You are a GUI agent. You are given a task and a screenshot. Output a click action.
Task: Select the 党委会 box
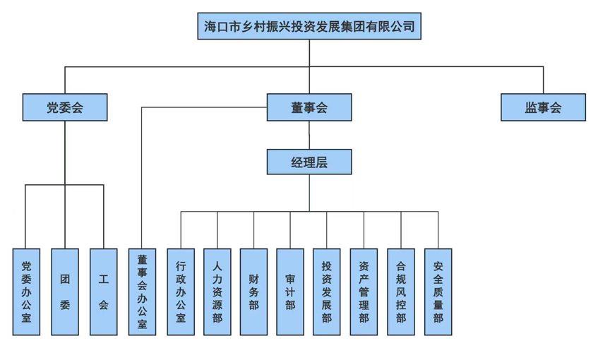[65, 107]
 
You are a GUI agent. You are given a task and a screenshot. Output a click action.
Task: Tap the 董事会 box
[309, 107]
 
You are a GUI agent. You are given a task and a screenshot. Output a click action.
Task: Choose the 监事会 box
[543, 107]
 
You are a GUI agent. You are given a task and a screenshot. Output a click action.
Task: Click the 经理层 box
[309, 162]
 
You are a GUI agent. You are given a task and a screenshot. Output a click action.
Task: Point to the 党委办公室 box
[27, 292]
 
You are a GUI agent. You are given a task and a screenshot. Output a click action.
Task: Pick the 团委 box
[65, 292]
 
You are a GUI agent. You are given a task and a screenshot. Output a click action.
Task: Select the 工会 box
[103, 292]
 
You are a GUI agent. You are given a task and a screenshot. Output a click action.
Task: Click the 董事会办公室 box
[142, 292]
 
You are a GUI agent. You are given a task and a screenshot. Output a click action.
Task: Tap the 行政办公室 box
[181, 292]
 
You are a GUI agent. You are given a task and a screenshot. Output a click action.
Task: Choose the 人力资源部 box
[217, 292]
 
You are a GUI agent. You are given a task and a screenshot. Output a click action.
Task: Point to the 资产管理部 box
[364, 292]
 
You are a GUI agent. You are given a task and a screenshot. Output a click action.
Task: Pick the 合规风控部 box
[401, 292]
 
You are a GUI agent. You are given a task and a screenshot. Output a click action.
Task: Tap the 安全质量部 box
[438, 292]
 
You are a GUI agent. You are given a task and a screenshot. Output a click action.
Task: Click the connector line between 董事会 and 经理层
[309, 135]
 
